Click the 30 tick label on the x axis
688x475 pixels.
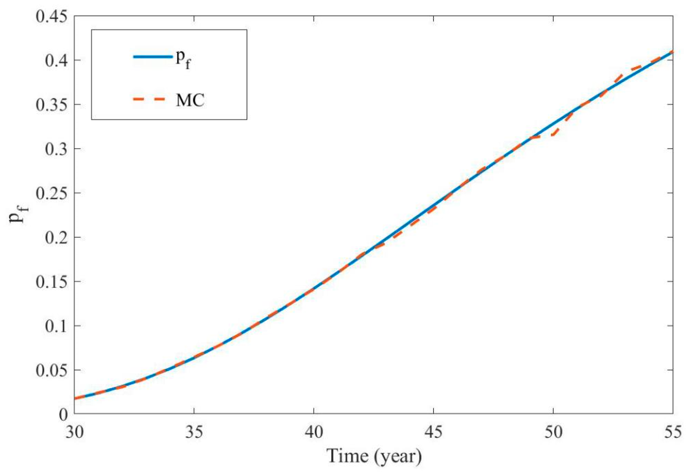[74, 432]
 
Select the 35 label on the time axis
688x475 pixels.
[194, 432]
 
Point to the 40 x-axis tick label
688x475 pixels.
[314, 432]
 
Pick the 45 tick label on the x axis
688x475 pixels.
[434, 432]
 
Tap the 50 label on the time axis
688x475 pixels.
[553, 432]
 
